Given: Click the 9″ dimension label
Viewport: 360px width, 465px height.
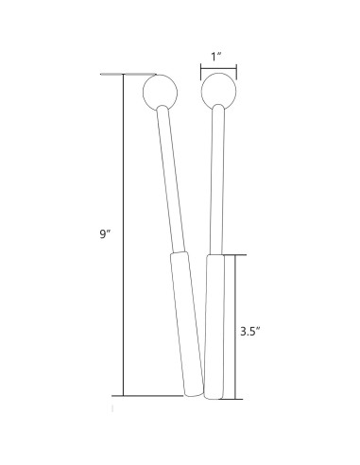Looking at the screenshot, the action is tap(106, 234).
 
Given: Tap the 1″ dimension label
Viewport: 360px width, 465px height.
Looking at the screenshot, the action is tap(216, 57).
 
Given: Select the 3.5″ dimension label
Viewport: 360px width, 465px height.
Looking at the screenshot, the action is tap(250, 332).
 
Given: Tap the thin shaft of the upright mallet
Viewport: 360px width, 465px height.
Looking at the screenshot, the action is tap(217, 179).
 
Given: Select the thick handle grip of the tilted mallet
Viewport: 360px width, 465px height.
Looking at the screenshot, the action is tap(187, 323).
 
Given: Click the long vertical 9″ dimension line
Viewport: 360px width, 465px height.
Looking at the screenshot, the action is tap(123, 235).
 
